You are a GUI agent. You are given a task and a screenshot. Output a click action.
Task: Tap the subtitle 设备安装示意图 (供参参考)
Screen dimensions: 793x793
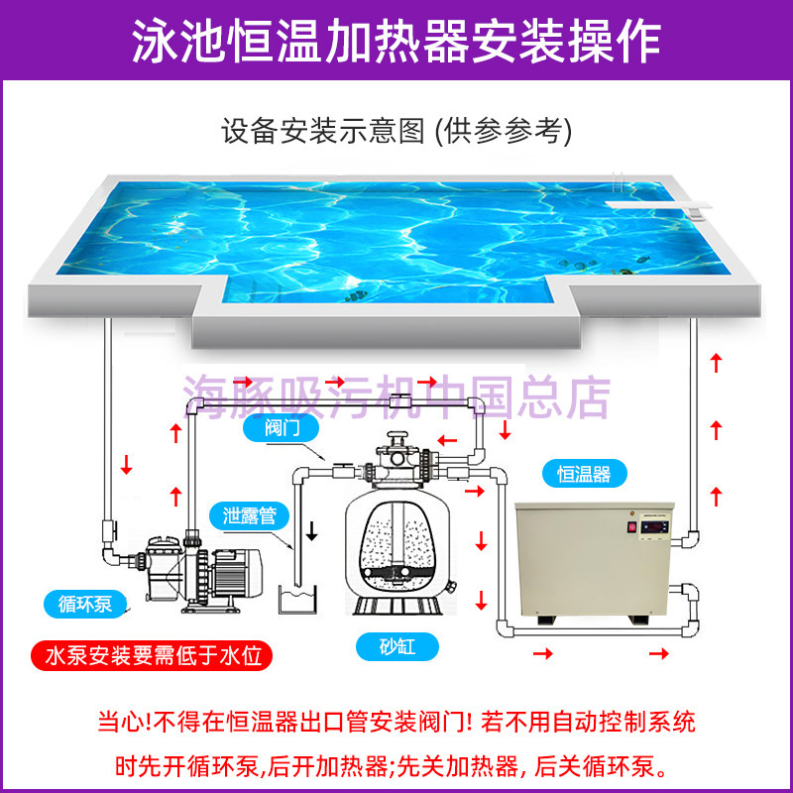(x=396, y=130)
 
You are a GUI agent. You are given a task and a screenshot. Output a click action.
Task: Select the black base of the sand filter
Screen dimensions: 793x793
(x=397, y=602)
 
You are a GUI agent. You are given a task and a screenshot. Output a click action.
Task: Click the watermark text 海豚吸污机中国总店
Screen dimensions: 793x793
(x=396, y=396)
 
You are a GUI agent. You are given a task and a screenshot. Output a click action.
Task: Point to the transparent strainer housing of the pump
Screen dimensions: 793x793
(x=165, y=560)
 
